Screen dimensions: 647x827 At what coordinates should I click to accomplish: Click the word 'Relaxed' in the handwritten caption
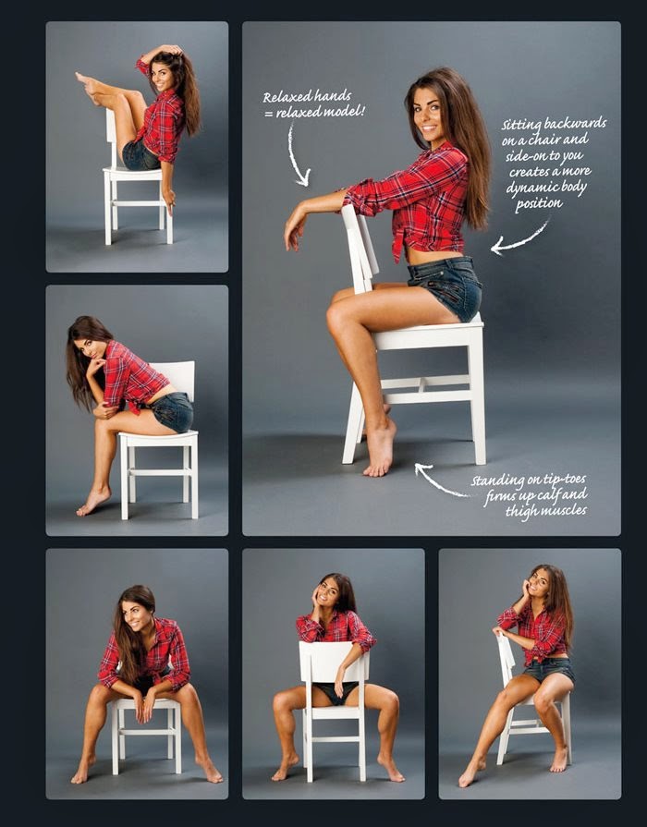pos(285,97)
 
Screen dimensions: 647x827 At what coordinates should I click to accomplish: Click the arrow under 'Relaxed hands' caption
pos(296,155)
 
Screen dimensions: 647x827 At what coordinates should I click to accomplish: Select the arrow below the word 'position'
pos(519,238)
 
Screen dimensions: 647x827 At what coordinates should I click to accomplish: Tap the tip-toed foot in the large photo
pos(380,447)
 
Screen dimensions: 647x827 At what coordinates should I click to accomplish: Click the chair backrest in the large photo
pos(360,247)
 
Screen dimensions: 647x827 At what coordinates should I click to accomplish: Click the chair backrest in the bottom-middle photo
pos(334,663)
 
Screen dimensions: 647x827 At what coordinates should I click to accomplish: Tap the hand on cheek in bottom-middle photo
pos(318,598)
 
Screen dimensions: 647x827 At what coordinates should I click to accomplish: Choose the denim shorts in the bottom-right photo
pos(550,669)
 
